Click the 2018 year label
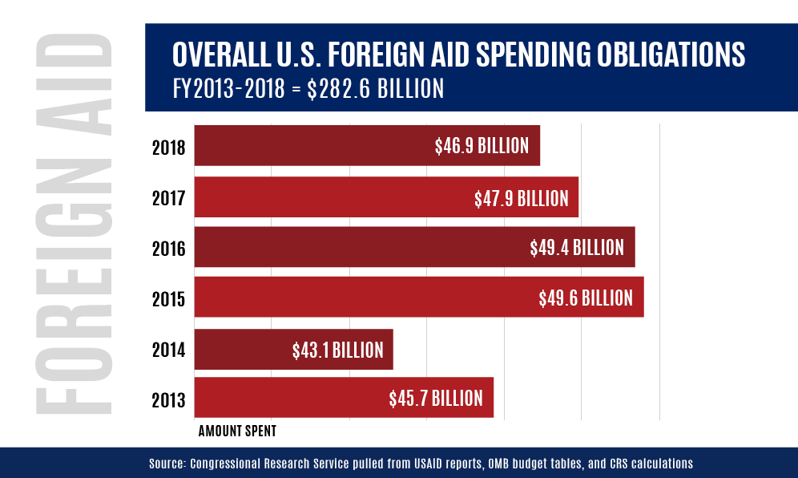click(x=168, y=148)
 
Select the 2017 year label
click(x=168, y=198)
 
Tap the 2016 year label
click(x=168, y=249)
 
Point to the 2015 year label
click(x=168, y=299)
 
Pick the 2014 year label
click(x=168, y=350)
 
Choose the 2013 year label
click(x=168, y=399)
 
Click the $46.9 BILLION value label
click(x=482, y=146)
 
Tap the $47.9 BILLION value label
click(x=521, y=197)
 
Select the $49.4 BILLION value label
click(x=577, y=248)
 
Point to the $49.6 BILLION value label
click(x=586, y=298)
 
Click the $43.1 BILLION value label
click(x=337, y=350)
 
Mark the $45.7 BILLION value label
click(x=436, y=399)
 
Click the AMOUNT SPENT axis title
click(x=237, y=431)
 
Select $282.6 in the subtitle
click(x=332, y=88)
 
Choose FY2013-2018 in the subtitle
click(x=228, y=88)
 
